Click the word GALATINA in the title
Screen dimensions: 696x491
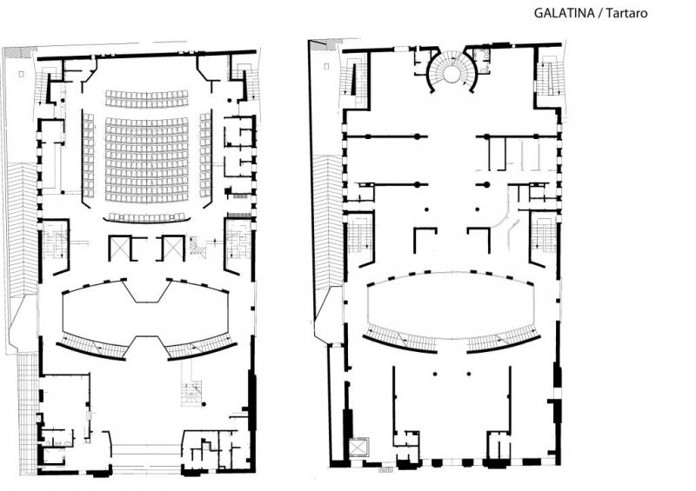(564, 13)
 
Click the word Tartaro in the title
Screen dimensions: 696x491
(626, 13)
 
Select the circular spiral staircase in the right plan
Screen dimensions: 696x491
(452, 70)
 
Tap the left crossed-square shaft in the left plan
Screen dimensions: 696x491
(120, 249)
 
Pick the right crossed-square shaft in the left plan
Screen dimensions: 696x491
(172, 249)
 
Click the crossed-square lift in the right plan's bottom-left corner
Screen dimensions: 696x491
(358, 447)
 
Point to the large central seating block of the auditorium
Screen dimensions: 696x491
(147, 160)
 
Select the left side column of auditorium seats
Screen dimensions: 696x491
(89, 156)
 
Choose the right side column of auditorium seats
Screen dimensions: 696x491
(205, 156)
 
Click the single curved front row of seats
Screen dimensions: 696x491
(147, 218)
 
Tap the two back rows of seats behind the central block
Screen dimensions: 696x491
(147, 98)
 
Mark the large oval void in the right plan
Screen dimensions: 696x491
(451, 305)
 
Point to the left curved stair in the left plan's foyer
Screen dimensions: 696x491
(93, 347)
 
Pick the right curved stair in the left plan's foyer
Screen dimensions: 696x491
(201, 347)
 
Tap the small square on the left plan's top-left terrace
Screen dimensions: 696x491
(21, 75)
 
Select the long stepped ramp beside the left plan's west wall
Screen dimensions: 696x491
(23, 229)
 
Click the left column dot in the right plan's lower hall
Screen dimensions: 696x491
(435, 375)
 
